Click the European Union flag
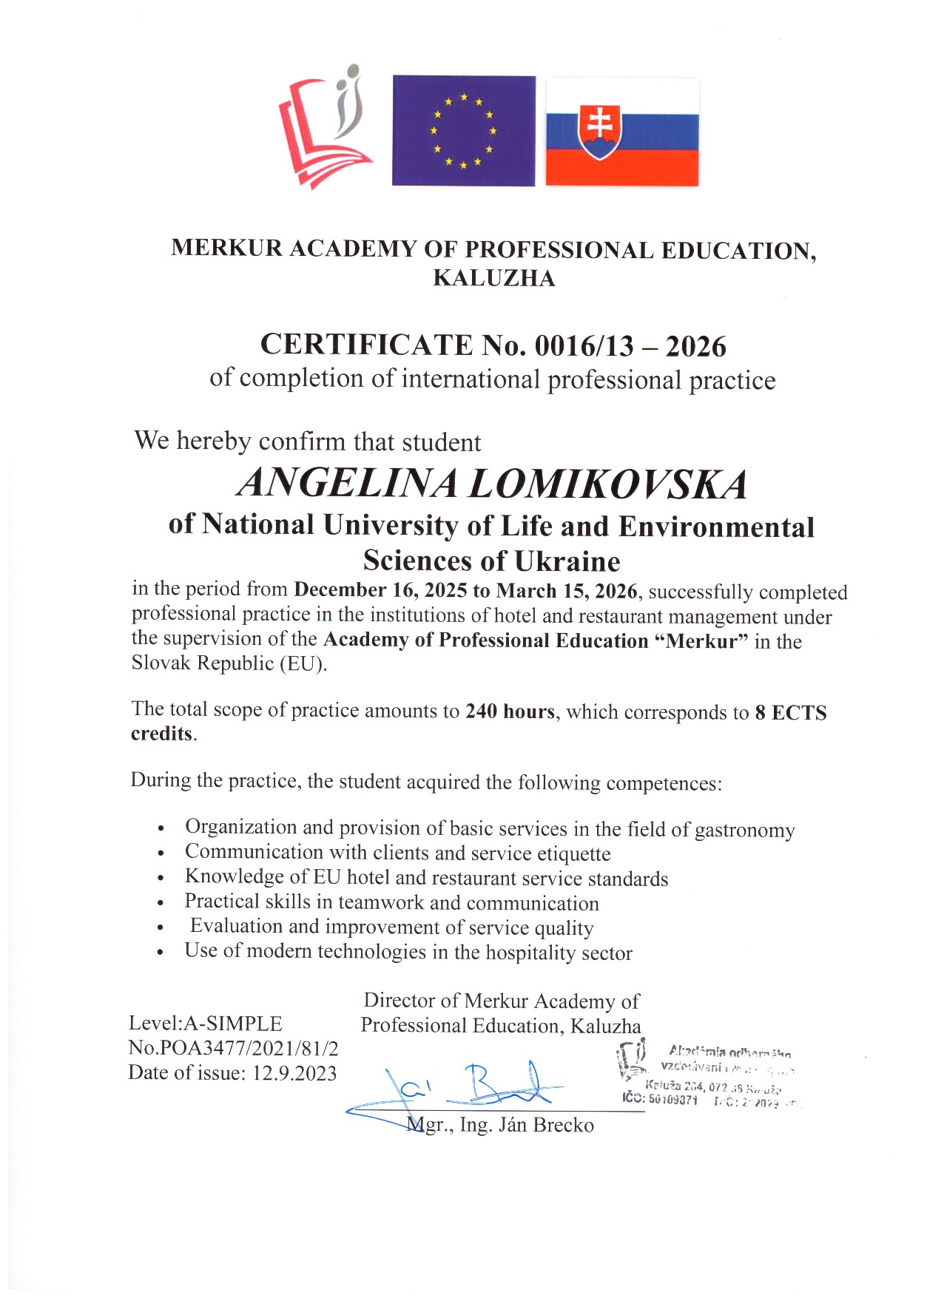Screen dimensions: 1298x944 click(x=463, y=130)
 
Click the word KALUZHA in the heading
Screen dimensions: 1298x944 click(x=493, y=278)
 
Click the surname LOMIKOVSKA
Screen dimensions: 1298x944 click(x=607, y=484)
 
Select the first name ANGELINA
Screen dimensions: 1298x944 click(x=347, y=483)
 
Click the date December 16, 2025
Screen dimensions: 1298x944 click(x=380, y=590)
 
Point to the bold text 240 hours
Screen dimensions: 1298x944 click(x=510, y=711)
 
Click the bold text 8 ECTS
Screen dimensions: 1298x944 click(x=790, y=713)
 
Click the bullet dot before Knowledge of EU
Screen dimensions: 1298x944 click(x=161, y=879)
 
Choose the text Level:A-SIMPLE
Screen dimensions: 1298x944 click(x=205, y=1024)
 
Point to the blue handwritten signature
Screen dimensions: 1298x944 click(x=473, y=1086)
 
